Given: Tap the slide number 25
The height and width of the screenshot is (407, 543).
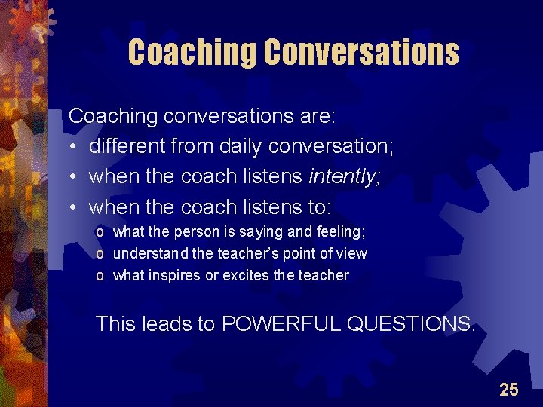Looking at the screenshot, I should pos(509,389).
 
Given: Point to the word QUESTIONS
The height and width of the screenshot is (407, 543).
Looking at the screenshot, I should pos(411,324).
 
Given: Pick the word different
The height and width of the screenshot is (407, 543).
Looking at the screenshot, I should pos(128,146).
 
